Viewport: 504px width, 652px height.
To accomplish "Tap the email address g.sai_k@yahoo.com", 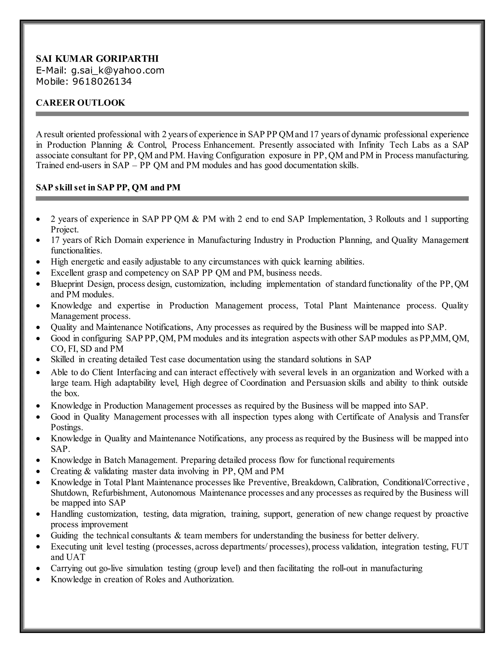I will coord(118,70).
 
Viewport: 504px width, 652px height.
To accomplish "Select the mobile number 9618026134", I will coord(102,81).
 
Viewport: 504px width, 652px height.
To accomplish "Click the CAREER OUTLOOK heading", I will coord(80,103).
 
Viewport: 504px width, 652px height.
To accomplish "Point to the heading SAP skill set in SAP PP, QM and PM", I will coord(108,187).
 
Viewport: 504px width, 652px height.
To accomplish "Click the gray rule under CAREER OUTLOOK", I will coord(252,114).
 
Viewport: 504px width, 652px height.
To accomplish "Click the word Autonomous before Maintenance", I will coord(173,493).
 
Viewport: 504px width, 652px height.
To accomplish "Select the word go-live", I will coord(111,568).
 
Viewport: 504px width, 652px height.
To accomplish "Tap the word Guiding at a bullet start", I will coord(64,536).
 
